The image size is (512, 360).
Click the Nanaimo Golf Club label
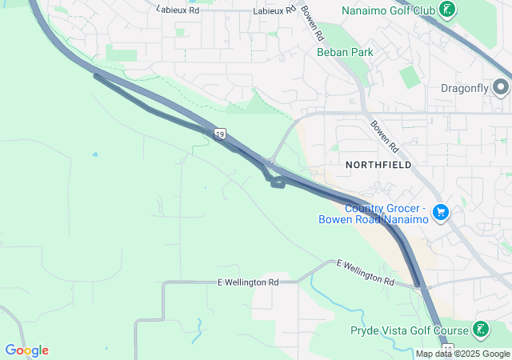(x=389, y=10)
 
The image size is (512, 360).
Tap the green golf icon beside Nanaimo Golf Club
(x=449, y=10)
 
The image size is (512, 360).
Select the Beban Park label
(x=345, y=52)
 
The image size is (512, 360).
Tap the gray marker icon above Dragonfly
(x=502, y=86)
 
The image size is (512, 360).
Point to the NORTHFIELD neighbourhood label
(x=378, y=164)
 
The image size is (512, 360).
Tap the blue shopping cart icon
(x=440, y=212)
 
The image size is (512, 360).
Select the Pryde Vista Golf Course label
(x=409, y=330)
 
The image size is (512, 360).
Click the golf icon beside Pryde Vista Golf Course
(x=480, y=329)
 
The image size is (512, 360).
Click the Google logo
(x=26, y=350)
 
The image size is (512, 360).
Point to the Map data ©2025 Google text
(x=462, y=354)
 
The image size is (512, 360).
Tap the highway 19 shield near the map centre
(x=219, y=134)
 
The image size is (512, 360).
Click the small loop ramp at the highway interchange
(x=278, y=182)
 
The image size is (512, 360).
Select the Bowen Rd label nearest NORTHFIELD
(x=383, y=135)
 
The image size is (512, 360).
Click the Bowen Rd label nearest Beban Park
(x=313, y=25)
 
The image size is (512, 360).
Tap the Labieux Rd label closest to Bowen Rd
(x=274, y=11)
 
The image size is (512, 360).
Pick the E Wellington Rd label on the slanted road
(x=366, y=272)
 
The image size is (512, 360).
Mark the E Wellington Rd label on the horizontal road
(x=248, y=282)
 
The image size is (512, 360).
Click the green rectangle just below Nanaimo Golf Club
(x=410, y=78)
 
